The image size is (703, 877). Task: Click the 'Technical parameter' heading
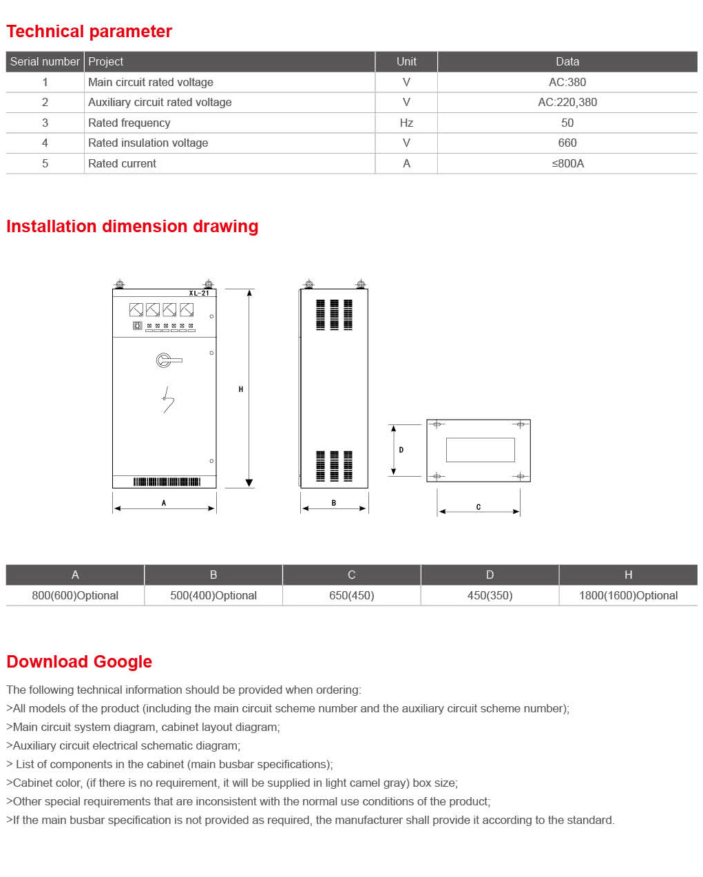[89, 32]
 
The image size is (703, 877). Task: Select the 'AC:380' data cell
[567, 82]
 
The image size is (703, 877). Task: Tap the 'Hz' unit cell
[406, 123]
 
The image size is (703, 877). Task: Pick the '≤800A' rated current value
[567, 163]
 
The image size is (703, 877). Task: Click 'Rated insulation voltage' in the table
[148, 143]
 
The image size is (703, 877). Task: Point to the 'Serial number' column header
[45, 61]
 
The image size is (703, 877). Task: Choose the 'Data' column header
[567, 61]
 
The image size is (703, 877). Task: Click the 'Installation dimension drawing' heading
[132, 227]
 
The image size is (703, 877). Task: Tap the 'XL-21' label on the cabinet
[199, 293]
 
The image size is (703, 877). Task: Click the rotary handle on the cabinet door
[165, 360]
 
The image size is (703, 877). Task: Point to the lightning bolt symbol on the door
[167, 400]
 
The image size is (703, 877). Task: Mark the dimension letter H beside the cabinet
[240, 389]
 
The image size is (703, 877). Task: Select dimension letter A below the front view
[164, 503]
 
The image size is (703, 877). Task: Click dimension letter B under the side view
[334, 503]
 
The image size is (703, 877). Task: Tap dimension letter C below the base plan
[479, 507]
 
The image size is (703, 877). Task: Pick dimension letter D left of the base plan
[401, 450]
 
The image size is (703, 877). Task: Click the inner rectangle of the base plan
[480, 450]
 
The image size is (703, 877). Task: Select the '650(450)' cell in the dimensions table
[351, 595]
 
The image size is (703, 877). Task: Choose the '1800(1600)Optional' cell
[628, 595]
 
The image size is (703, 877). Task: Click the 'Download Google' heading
[79, 662]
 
